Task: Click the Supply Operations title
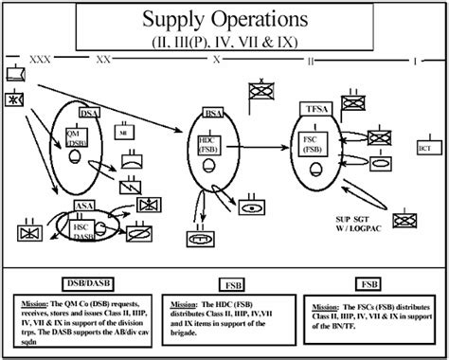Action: tap(224, 19)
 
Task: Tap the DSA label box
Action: tap(90, 114)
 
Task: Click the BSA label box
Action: tap(214, 114)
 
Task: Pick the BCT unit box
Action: tap(424, 149)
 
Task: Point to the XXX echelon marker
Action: tap(42, 59)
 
